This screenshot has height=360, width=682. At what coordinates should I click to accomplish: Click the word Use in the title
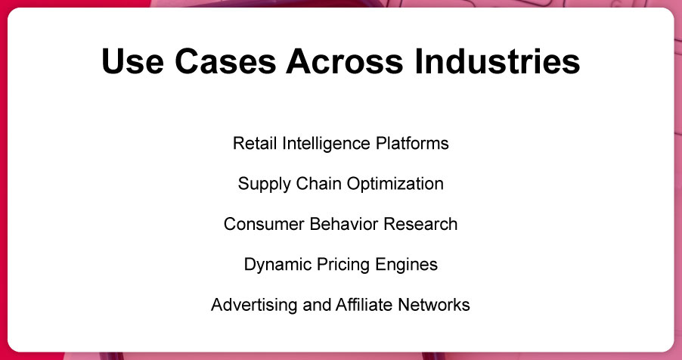click(132, 61)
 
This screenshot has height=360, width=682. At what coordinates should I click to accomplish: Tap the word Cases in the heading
click(225, 61)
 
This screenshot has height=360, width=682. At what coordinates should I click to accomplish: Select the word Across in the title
click(345, 61)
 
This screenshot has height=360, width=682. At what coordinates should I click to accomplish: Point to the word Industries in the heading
click(498, 61)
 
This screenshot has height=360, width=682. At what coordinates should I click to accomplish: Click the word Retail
click(255, 143)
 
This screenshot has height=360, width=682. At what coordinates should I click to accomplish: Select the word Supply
click(265, 184)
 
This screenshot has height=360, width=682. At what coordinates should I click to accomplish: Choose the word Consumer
click(264, 224)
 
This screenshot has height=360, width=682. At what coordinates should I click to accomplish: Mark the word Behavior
click(344, 224)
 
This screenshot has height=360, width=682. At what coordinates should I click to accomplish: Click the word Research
click(420, 224)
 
